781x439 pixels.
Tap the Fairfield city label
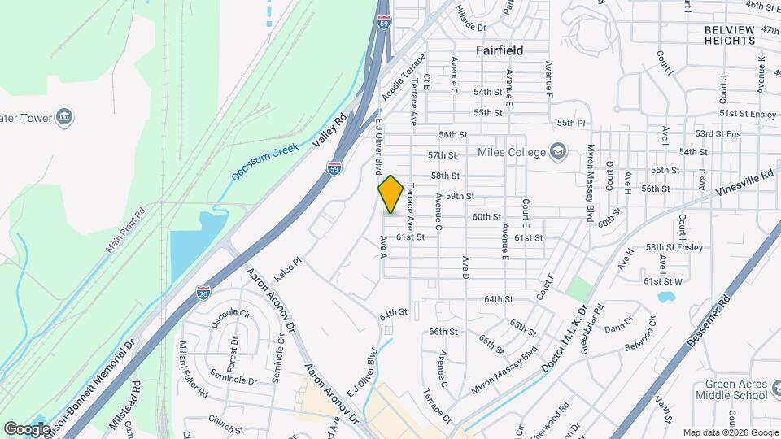coord(500,50)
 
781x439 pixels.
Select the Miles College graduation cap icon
coord(557,150)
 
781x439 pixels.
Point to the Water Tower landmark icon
coord(65,118)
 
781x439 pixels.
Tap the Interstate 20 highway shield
coord(203,292)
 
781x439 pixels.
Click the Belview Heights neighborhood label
coord(730,34)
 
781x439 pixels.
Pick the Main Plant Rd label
coord(124,230)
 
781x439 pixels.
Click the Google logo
coord(27,428)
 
